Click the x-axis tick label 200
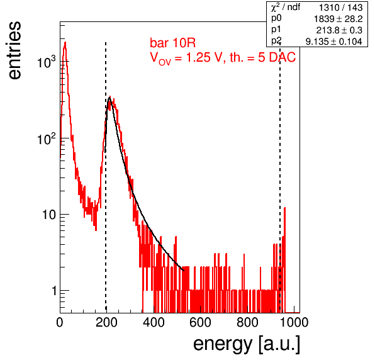click(x=106, y=323)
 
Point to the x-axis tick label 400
click(x=154, y=323)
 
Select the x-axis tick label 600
click(x=201, y=323)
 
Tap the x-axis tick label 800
click(x=247, y=323)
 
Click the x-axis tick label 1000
click(x=294, y=323)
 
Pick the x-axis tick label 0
click(x=60, y=323)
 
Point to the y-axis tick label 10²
click(x=47, y=138)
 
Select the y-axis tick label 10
click(x=49, y=215)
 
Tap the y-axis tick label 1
click(x=54, y=291)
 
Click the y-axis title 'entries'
click(x=15, y=50)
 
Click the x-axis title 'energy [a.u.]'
click(x=247, y=344)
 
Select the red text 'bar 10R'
click(x=172, y=43)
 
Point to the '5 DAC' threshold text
click(x=277, y=58)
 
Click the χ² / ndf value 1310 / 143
click(x=341, y=8)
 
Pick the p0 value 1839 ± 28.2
click(x=338, y=19)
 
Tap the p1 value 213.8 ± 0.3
click(x=339, y=30)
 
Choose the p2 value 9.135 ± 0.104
click(x=334, y=42)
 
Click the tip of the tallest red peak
click(x=65, y=42)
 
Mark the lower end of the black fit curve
click(x=184, y=271)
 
